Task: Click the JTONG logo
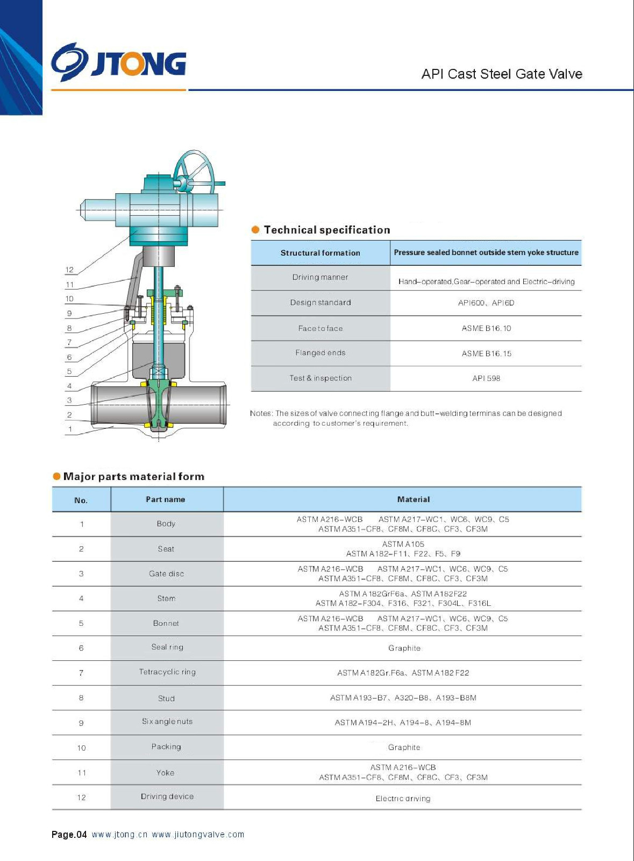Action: pyautogui.click(x=119, y=62)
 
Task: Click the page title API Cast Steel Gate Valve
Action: pyautogui.click(x=501, y=74)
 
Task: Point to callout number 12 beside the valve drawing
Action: pyautogui.click(x=69, y=270)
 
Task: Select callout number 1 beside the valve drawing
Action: pyautogui.click(x=70, y=429)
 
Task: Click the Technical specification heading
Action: pyautogui.click(x=326, y=230)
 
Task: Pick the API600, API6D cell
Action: pyautogui.click(x=486, y=303)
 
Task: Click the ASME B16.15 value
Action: pyautogui.click(x=486, y=354)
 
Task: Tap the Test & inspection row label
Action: pyautogui.click(x=320, y=378)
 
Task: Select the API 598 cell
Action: pyautogui.click(x=486, y=378)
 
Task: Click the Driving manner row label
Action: pyautogui.click(x=320, y=277)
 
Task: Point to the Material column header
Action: pyautogui.click(x=413, y=499)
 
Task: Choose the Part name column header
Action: pyautogui.click(x=165, y=499)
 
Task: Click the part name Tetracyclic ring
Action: pyautogui.click(x=167, y=672)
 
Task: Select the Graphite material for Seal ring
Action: pyautogui.click(x=404, y=648)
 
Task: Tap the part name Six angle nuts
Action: pyautogui.click(x=167, y=722)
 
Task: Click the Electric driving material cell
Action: pyautogui.click(x=403, y=799)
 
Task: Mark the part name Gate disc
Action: pyautogui.click(x=166, y=574)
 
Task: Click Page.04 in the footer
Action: pyautogui.click(x=69, y=835)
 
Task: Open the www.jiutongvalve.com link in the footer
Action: pyautogui.click(x=197, y=835)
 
